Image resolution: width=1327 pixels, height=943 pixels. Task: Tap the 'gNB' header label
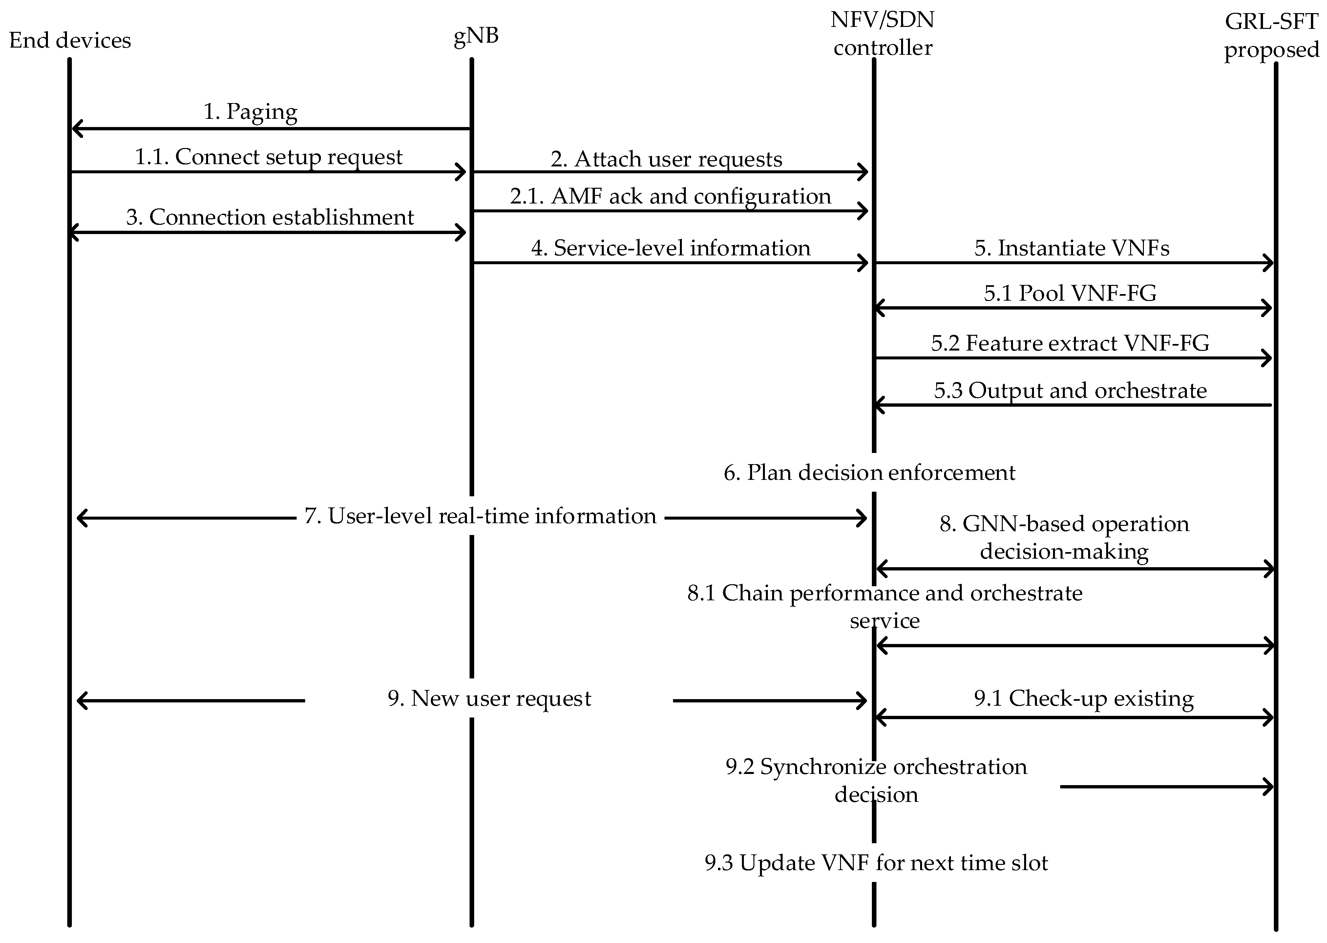(475, 36)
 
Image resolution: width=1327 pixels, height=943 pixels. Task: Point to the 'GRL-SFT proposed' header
(1271, 36)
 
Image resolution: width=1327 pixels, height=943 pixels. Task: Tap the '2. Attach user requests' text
(666, 159)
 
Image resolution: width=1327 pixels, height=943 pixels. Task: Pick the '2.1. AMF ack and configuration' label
(670, 196)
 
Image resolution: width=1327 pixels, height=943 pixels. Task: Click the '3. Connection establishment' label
(270, 217)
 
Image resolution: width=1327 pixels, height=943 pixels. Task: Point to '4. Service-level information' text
(670, 248)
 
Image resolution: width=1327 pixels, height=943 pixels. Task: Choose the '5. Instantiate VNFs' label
(1072, 248)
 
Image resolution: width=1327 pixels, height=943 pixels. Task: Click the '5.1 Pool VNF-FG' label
(1070, 293)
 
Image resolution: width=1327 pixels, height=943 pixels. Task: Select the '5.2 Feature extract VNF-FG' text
(1070, 343)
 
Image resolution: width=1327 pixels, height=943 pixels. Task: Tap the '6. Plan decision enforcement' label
(869, 473)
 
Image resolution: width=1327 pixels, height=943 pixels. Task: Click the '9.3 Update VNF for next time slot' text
(876, 863)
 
